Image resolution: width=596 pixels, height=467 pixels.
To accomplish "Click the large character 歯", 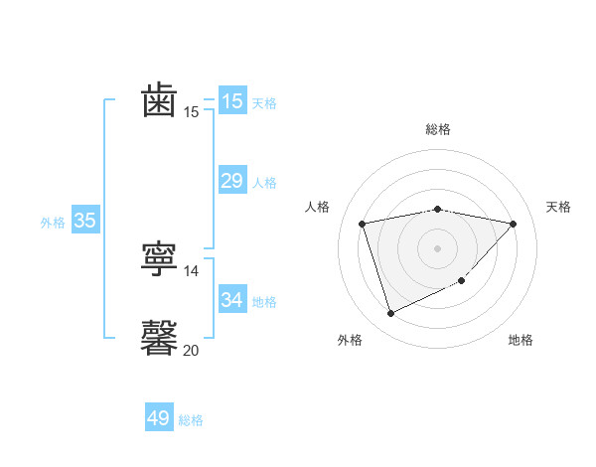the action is pyautogui.click(x=160, y=101).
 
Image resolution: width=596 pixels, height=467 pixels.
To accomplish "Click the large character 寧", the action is pyautogui.click(x=160, y=260).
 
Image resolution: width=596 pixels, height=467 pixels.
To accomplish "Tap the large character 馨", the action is pyautogui.click(x=160, y=338).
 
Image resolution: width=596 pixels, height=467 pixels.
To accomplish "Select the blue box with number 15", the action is pyautogui.click(x=231, y=101).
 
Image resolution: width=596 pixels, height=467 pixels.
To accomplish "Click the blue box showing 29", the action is pyautogui.click(x=231, y=180).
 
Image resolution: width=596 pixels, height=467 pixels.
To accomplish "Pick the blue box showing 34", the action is pyautogui.click(x=231, y=299).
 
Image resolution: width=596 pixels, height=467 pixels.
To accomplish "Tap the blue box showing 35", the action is pyautogui.click(x=84, y=221).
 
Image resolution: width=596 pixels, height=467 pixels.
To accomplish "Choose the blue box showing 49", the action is pyautogui.click(x=159, y=418).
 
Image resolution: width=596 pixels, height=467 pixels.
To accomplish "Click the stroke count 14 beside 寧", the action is pyautogui.click(x=192, y=271).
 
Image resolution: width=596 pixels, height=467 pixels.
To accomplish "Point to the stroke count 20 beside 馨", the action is pyautogui.click(x=192, y=350).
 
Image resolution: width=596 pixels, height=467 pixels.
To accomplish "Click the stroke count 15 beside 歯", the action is pyautogui.click(x=192, y=112).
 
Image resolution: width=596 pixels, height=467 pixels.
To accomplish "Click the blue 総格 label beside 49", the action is pyautogui.click(x=191, y=420).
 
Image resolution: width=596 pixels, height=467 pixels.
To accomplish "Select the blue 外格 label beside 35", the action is pyautogui.click(x=53, y=223).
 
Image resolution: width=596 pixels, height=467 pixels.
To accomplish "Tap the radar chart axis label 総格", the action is pyautogui.click(x=437, y=129).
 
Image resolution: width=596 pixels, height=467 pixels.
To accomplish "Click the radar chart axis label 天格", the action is pyautogui.click(x=558, y=207).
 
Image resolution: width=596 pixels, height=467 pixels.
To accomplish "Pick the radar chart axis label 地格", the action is pyautogui.click(x=521, y=341).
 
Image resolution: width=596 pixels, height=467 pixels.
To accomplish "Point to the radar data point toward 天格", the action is pyautogui.click(x=513, y=224).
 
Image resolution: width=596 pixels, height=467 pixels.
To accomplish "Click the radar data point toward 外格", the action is pyautogui.click(x=390, y=314).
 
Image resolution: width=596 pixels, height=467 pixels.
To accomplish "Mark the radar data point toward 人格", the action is pyautogui.click(x=363, y=224).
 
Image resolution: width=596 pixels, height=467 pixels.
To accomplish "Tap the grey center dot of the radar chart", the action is pyautogui.click(x=437, y=247).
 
